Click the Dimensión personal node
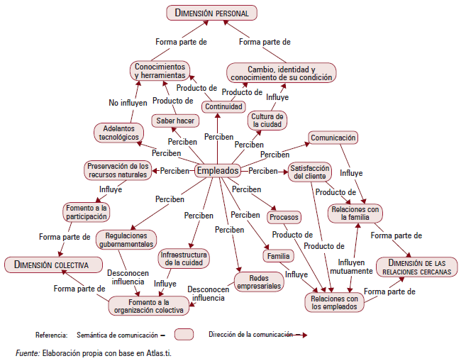click(x=211, y=13)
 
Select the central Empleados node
click(x=218, y=171)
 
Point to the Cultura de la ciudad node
click(x=267, y=120)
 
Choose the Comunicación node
click(x=333, y=138)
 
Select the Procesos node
click(x=284, y=217)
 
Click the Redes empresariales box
click(x=258, y=282)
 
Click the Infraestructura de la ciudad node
click(x=183, y=258)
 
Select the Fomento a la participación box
click(x=87, y=211)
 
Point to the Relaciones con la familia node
click(x=355, y=213)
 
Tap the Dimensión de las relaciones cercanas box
click(x=416, y=267)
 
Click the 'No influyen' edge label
click(x=128, y=102)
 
